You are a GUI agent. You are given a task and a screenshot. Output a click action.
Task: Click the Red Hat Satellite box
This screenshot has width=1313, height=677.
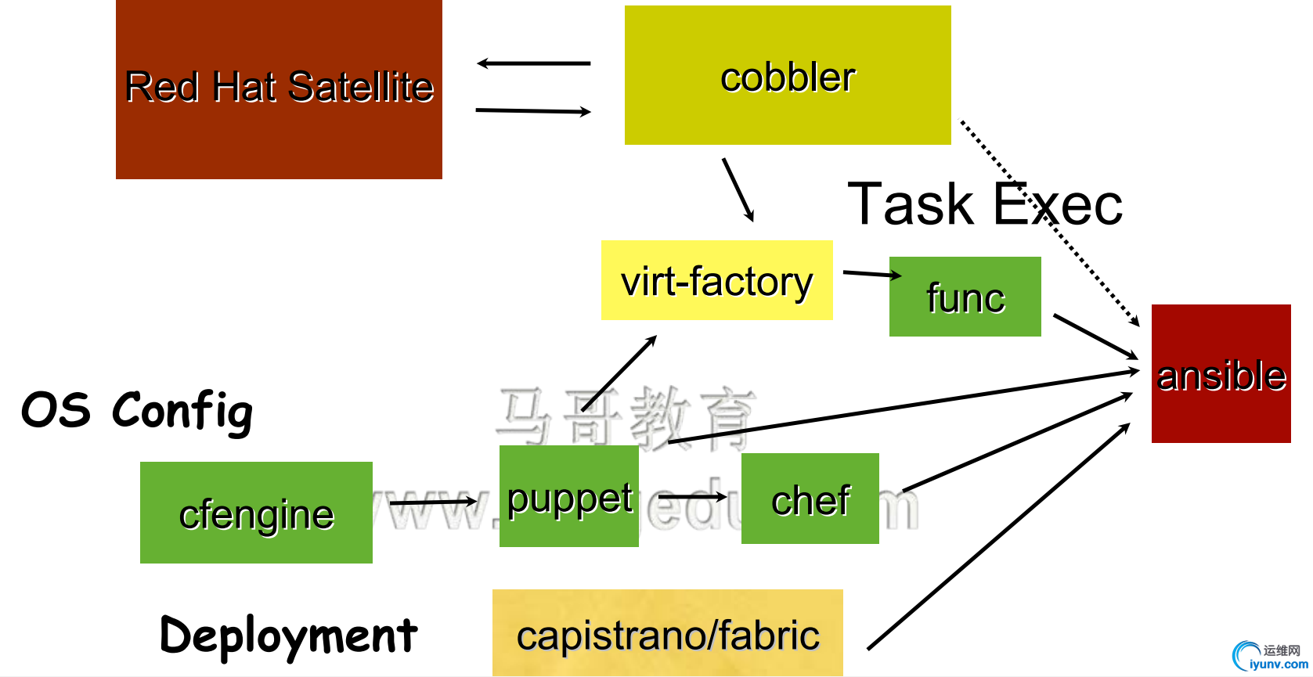[x=279, y=89]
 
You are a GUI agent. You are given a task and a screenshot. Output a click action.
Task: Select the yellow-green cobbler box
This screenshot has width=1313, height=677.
[x=788, y=75]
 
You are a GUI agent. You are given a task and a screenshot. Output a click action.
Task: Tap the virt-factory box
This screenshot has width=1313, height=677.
[x=716, y=280]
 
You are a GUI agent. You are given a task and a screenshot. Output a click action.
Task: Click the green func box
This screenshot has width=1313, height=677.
[x=965, y=297]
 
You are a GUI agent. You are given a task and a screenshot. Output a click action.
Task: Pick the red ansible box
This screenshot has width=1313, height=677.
[x=1221, y=374]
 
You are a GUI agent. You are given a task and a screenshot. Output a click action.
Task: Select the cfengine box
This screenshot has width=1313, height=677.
[x=256, y=513]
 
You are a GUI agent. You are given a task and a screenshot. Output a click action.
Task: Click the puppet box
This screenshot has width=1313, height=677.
[x=568, y=496]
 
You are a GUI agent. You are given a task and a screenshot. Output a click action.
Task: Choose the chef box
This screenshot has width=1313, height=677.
[x=810, y=499]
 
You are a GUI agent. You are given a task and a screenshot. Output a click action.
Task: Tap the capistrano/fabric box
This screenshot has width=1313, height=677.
[x=667, y=632]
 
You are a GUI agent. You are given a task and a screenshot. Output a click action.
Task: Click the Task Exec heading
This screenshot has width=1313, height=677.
[x=985, y=204]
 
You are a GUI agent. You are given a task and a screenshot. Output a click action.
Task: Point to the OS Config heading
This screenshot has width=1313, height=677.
[x=137, y=410]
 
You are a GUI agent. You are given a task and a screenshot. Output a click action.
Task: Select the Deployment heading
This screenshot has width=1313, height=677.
[x=288, y=635]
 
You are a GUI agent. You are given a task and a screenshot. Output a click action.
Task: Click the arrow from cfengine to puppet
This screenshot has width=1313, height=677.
[x=432, y=502]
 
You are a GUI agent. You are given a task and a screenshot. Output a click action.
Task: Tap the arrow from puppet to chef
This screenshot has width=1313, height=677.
[x=692, y=496]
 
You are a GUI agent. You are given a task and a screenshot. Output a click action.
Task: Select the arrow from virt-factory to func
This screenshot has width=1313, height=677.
[x=871, y=273]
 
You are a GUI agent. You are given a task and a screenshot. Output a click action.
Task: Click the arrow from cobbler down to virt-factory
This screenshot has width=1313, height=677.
[x=738, y=189]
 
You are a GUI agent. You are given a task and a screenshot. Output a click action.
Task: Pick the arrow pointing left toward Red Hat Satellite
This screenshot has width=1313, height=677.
[x=533, y=63]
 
